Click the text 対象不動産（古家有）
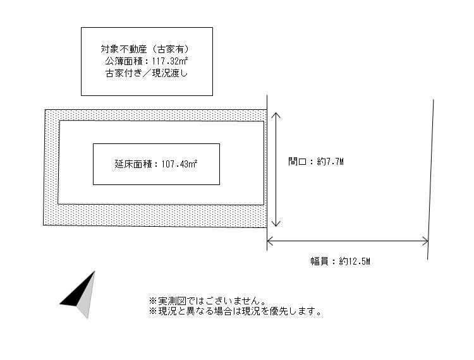(x=147, y=49)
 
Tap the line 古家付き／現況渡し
(x=147, y=73)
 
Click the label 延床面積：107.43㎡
(x=156, y=164)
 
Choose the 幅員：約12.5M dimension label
(x=339, y=261)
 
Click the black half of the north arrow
(x=78, y=293)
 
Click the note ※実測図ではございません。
(x=207, y=301)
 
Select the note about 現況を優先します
(x=235, y=311)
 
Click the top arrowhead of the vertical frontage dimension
(x=276, y=116)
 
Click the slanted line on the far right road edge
(x=431, y=177)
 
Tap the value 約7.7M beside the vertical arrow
(x=331, y=162)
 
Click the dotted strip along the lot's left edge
(x=51, y=167)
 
